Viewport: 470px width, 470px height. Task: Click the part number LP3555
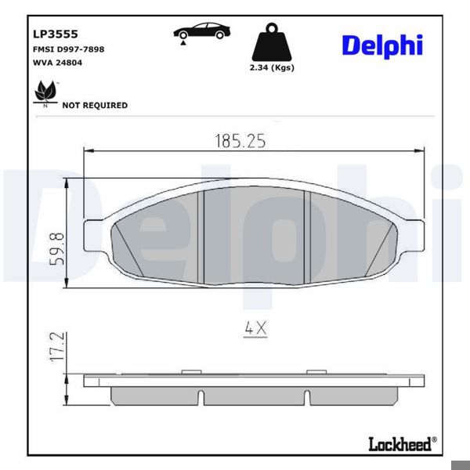[x=54, y=34]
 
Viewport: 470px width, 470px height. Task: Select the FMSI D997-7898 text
[x=68, y=49]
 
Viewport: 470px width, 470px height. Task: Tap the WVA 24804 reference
[x=57, y=63]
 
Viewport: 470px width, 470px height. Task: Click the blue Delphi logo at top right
[x=381, y=45]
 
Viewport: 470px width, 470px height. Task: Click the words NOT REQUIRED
[x=95, y=105]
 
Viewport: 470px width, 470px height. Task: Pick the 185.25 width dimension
[x=240, y=141]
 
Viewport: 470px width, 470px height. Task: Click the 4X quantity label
[x=255, y=330]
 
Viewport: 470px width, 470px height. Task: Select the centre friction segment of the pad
[x=253, y=235]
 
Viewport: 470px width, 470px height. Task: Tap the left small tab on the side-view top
[x=190, y=371]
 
